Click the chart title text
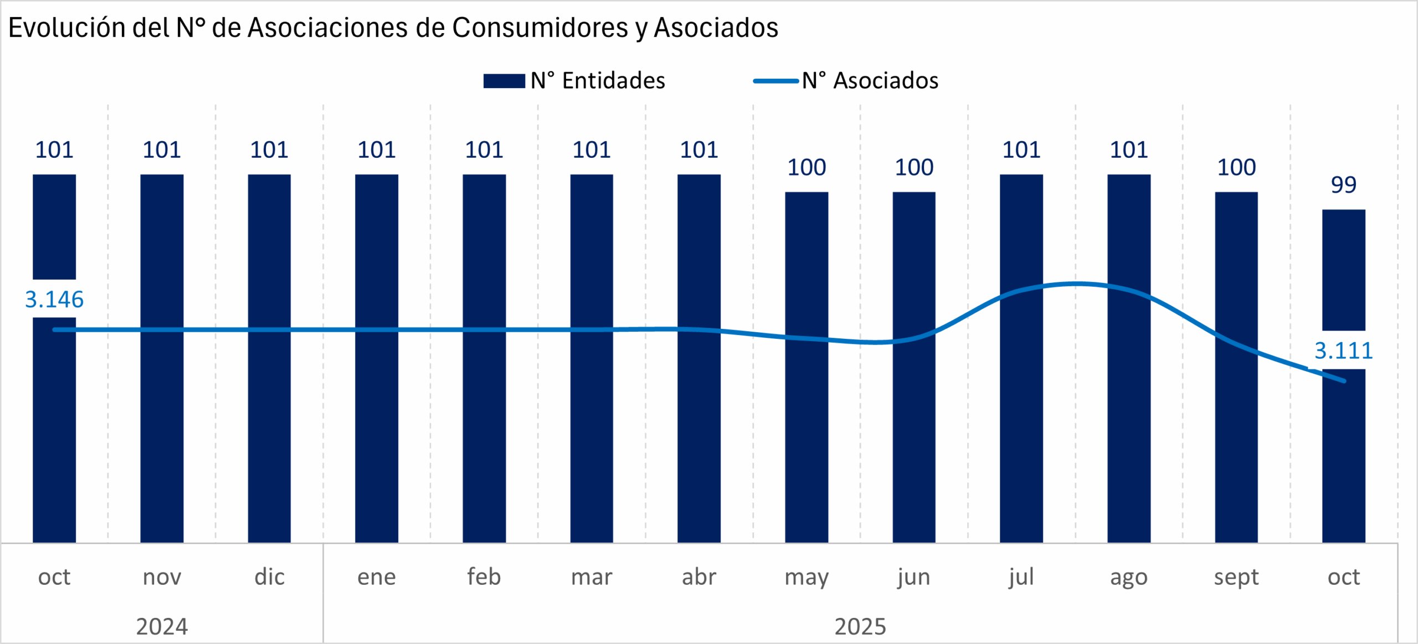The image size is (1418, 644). tap(393, 28)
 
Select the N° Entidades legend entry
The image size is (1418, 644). tap(574, 81)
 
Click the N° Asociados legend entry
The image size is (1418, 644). tap(846, 81)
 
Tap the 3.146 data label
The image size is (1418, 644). tap(54, 300)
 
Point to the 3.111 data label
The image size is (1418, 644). tap(1343, 351)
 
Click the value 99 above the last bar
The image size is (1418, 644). tap(1343, 185)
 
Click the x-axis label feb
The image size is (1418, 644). tap(484, 577)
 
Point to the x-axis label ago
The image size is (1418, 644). tap(1129, 577)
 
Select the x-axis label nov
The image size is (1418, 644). tap(162, 577)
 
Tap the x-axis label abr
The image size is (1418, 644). tap(699, 577)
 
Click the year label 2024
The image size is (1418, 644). tap(162, 627)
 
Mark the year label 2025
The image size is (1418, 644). tap(860, 627)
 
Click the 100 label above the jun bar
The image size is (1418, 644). tap(914, 167)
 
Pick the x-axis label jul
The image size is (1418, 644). tap(1021, 577)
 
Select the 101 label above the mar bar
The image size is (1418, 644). tap(592, 150)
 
